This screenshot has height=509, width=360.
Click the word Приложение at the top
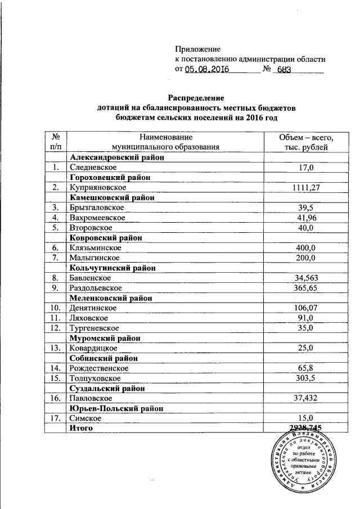click(197, 49)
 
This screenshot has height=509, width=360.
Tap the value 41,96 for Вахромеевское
click(306, 218)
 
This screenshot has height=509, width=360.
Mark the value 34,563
click(306, 278)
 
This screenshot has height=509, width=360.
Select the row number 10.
click(56, 308)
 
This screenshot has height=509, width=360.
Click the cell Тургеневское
click(94, 328)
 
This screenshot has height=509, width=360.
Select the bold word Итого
click(80, 428)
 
